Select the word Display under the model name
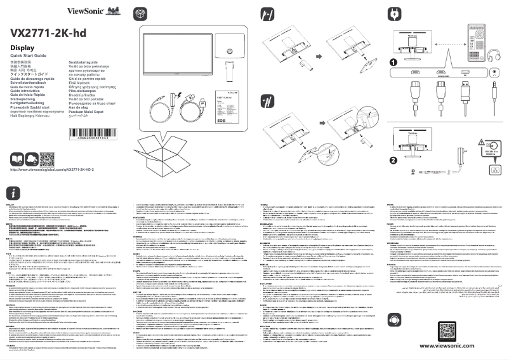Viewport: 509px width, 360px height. tap(22, 49)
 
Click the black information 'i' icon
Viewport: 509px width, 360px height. tap(15, 193)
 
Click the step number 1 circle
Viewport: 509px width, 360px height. tap(393, 62)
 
